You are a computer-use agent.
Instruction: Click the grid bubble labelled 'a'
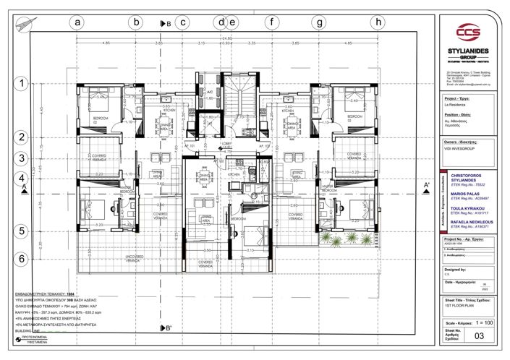[77, 22]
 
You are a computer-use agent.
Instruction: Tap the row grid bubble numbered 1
[22, 83]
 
